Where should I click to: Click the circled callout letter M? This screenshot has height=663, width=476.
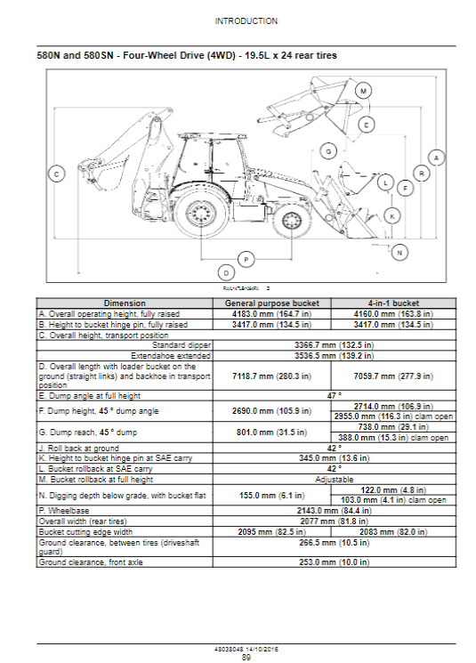click(363, 91)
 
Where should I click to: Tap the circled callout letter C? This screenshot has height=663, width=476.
click(57, 174)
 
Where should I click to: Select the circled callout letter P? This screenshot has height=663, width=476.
click(246, 259)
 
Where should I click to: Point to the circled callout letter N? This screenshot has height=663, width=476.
click(399, 253)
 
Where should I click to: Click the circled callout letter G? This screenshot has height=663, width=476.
click(328, 151)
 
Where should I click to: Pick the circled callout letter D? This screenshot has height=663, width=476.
click(226, 272)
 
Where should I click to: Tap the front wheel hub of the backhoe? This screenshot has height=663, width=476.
click(291, 221)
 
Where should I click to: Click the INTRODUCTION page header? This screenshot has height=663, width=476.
click(246, 21)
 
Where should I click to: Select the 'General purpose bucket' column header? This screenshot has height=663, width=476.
click(272, 303)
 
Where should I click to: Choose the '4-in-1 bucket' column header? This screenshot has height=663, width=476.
click(393, 303)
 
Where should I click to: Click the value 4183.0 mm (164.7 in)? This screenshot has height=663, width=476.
click(272, 314)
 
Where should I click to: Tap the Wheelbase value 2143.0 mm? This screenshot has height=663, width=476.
click(334, 511)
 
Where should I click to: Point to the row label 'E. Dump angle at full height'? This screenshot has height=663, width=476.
click(90, 396)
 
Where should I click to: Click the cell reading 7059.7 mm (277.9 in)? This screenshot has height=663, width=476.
click(393, 376)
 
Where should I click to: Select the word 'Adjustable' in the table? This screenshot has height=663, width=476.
click(334, 480)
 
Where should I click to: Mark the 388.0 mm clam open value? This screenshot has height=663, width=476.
click(393, 438)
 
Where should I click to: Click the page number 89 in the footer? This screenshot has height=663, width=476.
click(246, 657)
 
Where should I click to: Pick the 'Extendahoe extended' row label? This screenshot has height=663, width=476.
click(170, 356)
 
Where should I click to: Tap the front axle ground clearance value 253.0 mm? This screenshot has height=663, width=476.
click(334, 562)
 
